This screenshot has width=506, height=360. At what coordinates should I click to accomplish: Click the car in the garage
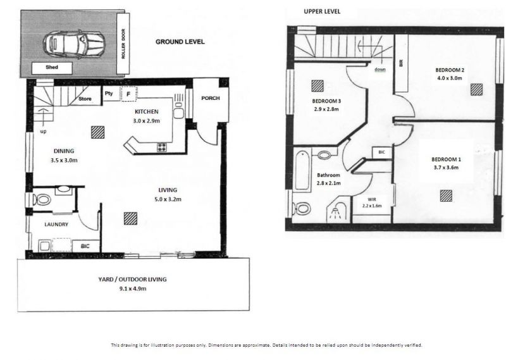(74, 44)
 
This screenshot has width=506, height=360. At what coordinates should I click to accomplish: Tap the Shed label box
(52, 68)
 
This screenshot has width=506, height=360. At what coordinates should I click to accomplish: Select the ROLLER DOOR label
(123, 44)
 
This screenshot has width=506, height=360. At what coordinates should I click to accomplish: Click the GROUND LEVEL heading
(180, 42)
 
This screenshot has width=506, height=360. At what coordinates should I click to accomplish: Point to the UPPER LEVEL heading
(322, 11)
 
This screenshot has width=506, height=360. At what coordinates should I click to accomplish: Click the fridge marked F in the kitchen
(128, 94)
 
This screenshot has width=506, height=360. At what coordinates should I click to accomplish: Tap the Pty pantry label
(109, 93)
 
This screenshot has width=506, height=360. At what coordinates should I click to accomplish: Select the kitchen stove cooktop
(162, 147)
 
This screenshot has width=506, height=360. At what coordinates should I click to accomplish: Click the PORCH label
(211, 98)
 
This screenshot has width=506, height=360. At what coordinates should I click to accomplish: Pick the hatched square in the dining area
(97, 132)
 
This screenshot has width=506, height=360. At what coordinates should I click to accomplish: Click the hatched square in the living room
(130, 218)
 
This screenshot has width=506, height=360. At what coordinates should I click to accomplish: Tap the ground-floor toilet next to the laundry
(42, 199)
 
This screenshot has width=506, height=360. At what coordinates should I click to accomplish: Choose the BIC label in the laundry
(85, 246)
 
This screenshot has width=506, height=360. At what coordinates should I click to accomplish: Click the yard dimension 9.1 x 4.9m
(133, 289)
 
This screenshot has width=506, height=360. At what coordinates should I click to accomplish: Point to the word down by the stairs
(380, 70)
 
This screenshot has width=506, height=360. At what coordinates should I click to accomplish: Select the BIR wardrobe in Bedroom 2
(402, 63)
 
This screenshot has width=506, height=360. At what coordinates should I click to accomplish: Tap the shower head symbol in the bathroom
(336, 213)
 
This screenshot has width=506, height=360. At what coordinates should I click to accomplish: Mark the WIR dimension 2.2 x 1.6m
(372, 206)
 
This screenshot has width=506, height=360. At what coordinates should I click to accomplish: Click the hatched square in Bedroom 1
(446, 196)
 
